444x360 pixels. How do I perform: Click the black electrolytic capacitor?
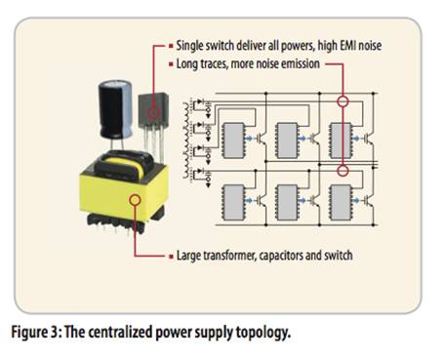(x=115, y=109)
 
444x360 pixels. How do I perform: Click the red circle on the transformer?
(x=135, y=200)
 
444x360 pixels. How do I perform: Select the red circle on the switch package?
(x=154, y=113)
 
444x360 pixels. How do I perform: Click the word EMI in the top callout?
(x=347, y=45)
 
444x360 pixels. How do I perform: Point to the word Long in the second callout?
(x=187, y=64)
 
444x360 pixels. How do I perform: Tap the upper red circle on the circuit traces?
(x=343, y=101)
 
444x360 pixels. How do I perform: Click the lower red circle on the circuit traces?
(x=343, y=170)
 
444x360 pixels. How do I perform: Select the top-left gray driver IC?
(x=233, y=140)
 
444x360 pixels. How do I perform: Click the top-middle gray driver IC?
(x=287, y=140)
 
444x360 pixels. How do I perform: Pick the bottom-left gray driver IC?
(x=233, y=202)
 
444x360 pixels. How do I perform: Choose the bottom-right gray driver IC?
(x=341, y=202)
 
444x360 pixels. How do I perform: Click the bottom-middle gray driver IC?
(x=287, y=202)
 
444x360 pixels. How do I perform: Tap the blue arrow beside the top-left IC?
(x=249, y=139)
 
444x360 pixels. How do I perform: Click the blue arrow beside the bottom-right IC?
(x=357, y=200)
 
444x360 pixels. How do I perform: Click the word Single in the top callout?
(x=188, y=46)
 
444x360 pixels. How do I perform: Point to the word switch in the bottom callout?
(x=339, y=256)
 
